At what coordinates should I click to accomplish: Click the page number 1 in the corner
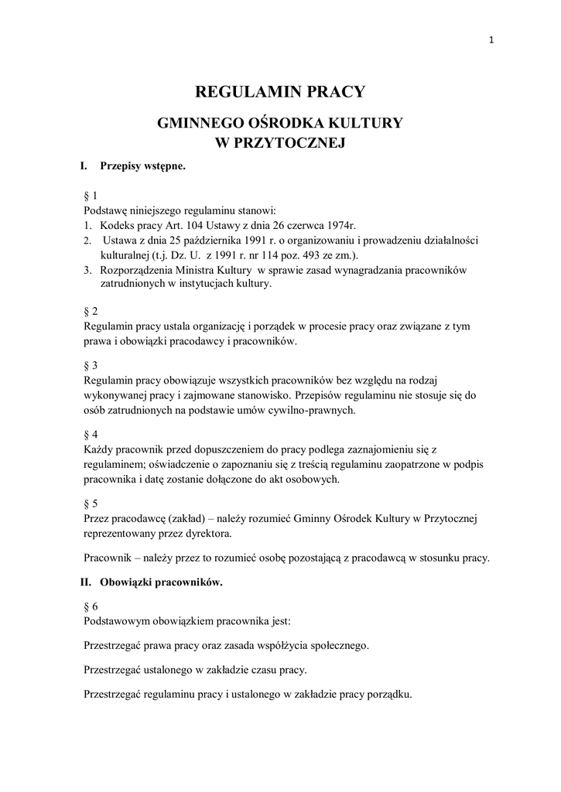[x=492, y=41]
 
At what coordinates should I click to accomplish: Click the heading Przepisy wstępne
[x=142, y=166]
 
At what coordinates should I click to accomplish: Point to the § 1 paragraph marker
[x=90, y=196]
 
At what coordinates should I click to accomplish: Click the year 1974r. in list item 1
[x=335, y=225]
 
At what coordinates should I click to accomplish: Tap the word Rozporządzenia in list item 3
[x=136, y=269]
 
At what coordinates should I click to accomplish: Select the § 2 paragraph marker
[x=90, y=312]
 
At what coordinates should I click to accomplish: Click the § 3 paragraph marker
[x=90, y=365]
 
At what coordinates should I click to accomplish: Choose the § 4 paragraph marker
[x=90, y=434]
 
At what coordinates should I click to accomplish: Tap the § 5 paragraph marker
[x=90, y=503]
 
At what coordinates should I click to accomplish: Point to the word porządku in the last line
[x=387, y=694]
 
